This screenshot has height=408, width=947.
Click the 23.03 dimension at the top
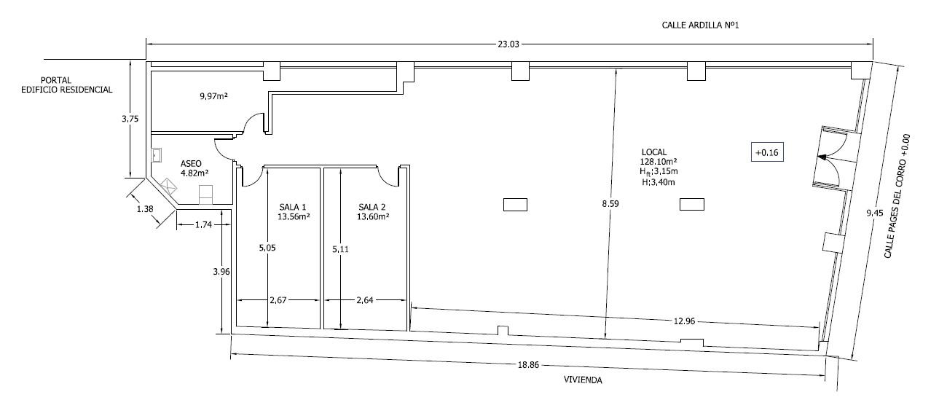tap(508, 44)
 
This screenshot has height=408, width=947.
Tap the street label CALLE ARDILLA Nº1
tap(700, 25)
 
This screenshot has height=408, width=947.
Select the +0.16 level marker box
tap(767, 152)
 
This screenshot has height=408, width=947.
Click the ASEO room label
tap(191, 164)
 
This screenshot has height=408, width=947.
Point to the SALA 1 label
tap(293, 207)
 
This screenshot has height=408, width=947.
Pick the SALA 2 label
tap(372, 207)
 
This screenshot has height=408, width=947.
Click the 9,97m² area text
tap(213, 96)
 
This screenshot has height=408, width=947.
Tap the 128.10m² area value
tap(659, 162)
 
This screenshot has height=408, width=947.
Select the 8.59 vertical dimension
tap(610, 204)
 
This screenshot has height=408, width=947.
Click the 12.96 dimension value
tap(684, 321)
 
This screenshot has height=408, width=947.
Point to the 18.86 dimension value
tap(528, 365)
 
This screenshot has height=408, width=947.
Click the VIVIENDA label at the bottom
tap(583, 380)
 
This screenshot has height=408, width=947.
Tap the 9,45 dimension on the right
tap(875, 213)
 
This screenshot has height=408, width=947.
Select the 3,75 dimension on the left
tap(130, 119)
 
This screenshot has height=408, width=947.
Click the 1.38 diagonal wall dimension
tap(145, 209)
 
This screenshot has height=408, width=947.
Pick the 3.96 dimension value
tap(221, 272)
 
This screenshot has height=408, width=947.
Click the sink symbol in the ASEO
tap(157, 155)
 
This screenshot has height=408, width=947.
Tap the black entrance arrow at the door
tap(822, 157)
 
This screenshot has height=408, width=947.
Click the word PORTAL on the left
tap(56, 80)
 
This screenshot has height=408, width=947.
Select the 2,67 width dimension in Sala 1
tap(278, 300)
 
